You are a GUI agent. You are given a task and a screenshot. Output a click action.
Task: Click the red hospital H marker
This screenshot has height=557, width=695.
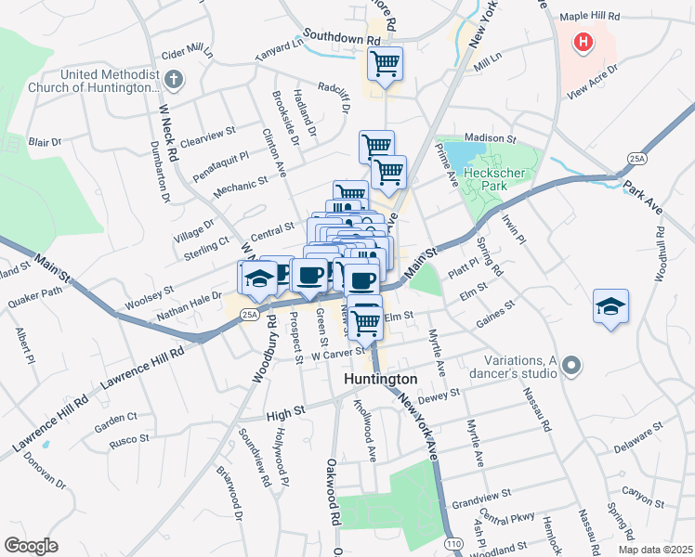584,42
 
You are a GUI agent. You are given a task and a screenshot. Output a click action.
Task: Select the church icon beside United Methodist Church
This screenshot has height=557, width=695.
174,81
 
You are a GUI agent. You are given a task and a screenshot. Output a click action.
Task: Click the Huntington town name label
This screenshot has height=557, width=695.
381,381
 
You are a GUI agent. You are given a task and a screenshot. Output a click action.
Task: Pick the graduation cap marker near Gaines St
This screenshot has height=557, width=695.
610,306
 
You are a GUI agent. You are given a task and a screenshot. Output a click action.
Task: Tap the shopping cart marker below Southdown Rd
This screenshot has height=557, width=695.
384,64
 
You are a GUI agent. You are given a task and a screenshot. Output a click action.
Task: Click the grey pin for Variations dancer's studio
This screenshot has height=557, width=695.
571,366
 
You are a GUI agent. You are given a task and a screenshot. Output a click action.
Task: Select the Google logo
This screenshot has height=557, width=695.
31,546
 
